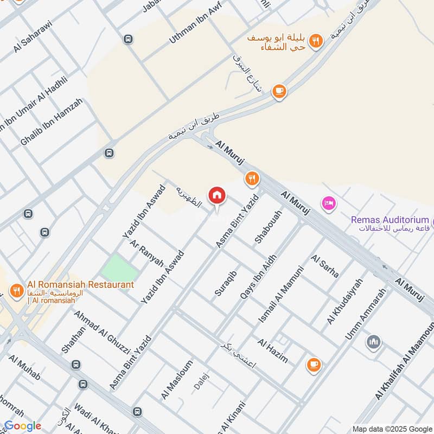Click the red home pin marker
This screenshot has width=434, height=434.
tap(216, 195)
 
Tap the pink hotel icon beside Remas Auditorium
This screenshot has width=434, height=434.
tap(329, 203)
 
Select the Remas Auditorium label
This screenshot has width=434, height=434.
tap(390, 220)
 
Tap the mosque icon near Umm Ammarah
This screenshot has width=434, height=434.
tap(373, 342)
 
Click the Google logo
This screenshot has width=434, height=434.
tap(22, 426)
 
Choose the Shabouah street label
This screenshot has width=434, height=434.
tap(268, 227)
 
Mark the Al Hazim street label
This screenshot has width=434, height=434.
tap(273, 351)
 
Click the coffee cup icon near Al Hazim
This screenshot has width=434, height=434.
tap(313, 365)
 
